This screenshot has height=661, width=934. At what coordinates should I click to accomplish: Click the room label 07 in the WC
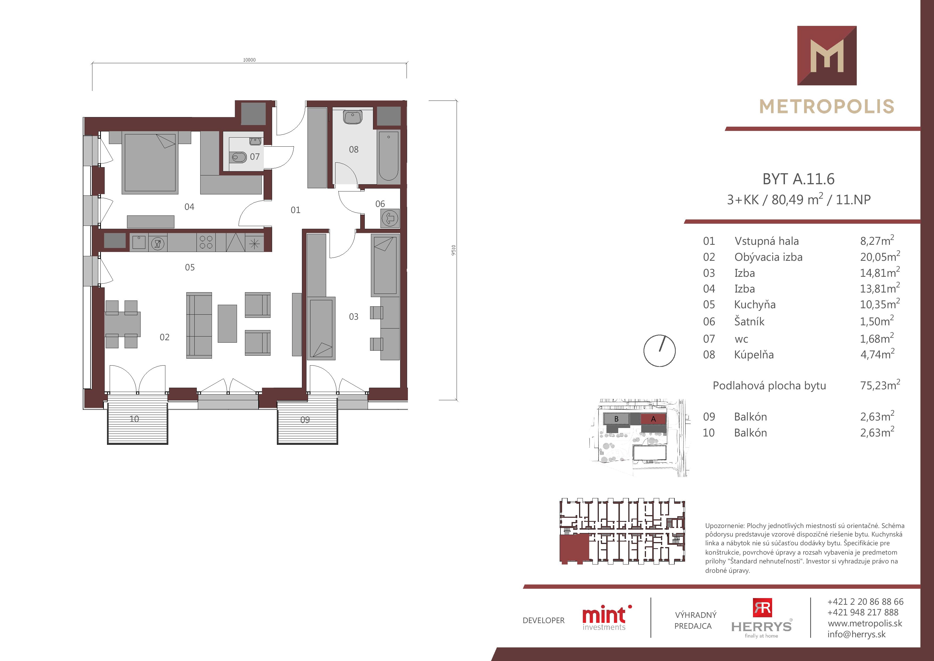[x=255, y=157]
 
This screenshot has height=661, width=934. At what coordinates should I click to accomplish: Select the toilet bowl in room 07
[x=238, y=157]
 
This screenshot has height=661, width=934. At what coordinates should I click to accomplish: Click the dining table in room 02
[x=122, y=324]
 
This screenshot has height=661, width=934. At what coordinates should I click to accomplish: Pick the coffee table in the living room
[x=227, y=324]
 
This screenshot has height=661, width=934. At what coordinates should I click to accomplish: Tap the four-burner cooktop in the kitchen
[x=206, y=242]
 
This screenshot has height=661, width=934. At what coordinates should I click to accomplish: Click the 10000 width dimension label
[x=249, y=60]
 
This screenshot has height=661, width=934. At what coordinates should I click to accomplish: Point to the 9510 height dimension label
[x=454, y=250]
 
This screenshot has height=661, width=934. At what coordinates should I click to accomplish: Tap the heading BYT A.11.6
[x=798, y=179]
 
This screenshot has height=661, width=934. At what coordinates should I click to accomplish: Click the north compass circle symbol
[x=659, y=351]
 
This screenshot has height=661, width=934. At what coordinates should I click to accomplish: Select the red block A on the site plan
[x=653, y=419]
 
